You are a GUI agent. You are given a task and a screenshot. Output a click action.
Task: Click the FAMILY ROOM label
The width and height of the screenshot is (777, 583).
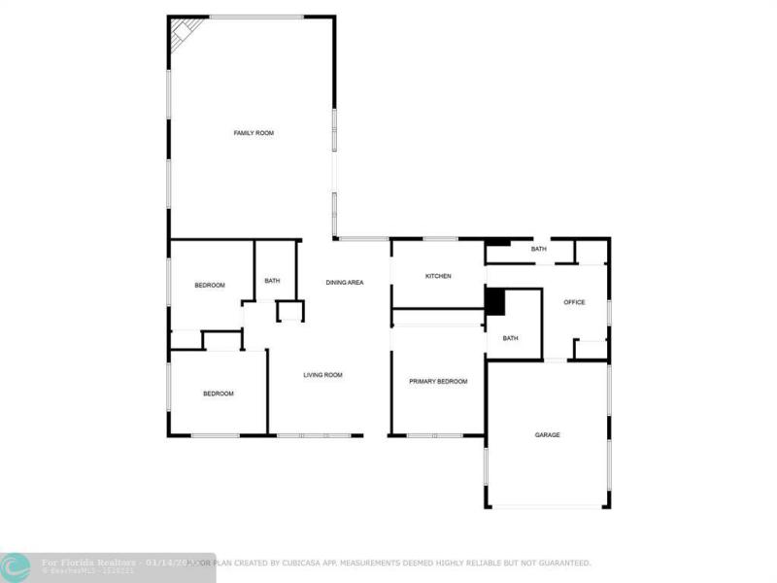253,132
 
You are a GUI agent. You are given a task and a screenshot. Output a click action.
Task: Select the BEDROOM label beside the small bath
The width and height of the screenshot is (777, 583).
210,285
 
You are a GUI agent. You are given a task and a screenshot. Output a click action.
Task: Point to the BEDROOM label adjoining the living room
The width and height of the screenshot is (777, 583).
219,394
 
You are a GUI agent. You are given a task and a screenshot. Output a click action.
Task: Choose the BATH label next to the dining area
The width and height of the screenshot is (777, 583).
272,281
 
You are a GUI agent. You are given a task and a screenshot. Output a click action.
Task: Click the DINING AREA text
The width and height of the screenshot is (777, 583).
345,282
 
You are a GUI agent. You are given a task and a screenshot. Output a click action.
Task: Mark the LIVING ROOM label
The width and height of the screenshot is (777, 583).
322,374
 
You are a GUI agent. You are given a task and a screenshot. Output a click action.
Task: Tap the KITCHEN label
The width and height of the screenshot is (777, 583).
438,276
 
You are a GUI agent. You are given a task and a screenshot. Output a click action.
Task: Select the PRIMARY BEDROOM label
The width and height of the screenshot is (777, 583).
438,382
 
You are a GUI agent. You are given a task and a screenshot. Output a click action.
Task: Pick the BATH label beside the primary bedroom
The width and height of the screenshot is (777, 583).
510,338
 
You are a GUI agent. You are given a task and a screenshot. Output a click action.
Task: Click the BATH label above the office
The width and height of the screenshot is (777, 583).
538,249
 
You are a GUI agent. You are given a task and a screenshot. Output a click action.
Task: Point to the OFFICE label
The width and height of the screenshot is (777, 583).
574,302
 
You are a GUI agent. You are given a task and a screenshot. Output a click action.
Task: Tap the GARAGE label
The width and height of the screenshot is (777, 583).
547,434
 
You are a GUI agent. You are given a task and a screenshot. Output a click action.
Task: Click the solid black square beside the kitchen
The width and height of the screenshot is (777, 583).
495,302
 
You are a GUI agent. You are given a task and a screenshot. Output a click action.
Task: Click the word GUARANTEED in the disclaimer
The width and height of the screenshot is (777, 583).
561,563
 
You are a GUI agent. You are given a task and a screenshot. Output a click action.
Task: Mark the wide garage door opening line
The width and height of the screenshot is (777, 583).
547,506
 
